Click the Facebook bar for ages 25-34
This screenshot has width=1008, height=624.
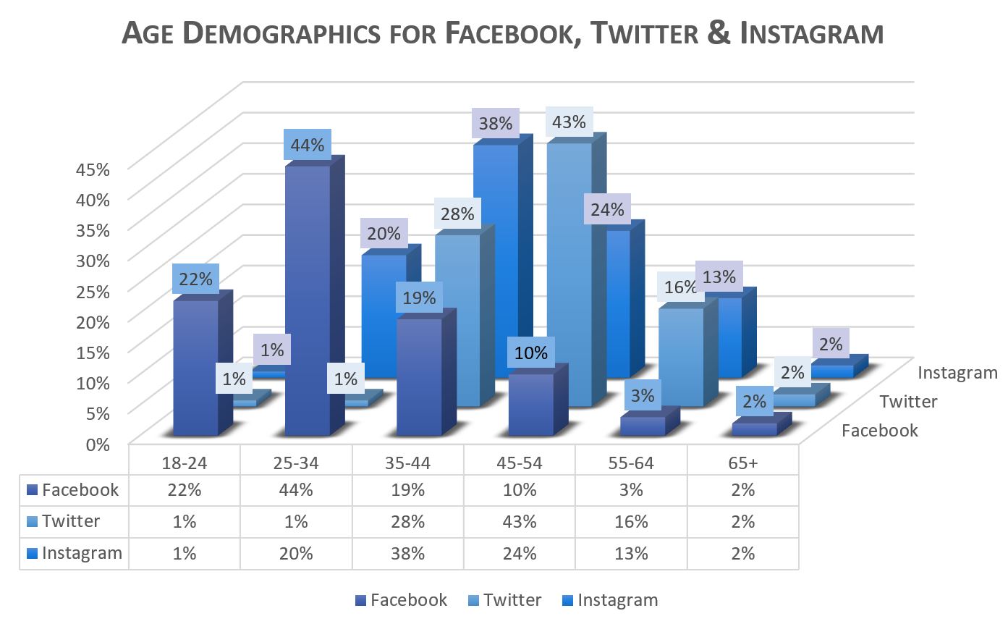[308, 304]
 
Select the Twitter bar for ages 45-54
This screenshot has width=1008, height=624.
[569, 275]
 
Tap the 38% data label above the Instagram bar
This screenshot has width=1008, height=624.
[495, 124]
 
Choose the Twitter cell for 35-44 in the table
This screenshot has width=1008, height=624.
[408, 521]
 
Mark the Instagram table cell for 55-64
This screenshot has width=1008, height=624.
[631, 553]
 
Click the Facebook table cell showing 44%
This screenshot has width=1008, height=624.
[297, 490]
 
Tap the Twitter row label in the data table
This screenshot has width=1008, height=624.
[71, 521]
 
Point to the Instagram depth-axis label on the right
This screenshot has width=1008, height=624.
[957, 373]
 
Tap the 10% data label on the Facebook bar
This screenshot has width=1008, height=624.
[531, 353]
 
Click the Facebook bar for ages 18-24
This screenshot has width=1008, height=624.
[195, 369]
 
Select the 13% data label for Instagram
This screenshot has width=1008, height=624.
[719, 277]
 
